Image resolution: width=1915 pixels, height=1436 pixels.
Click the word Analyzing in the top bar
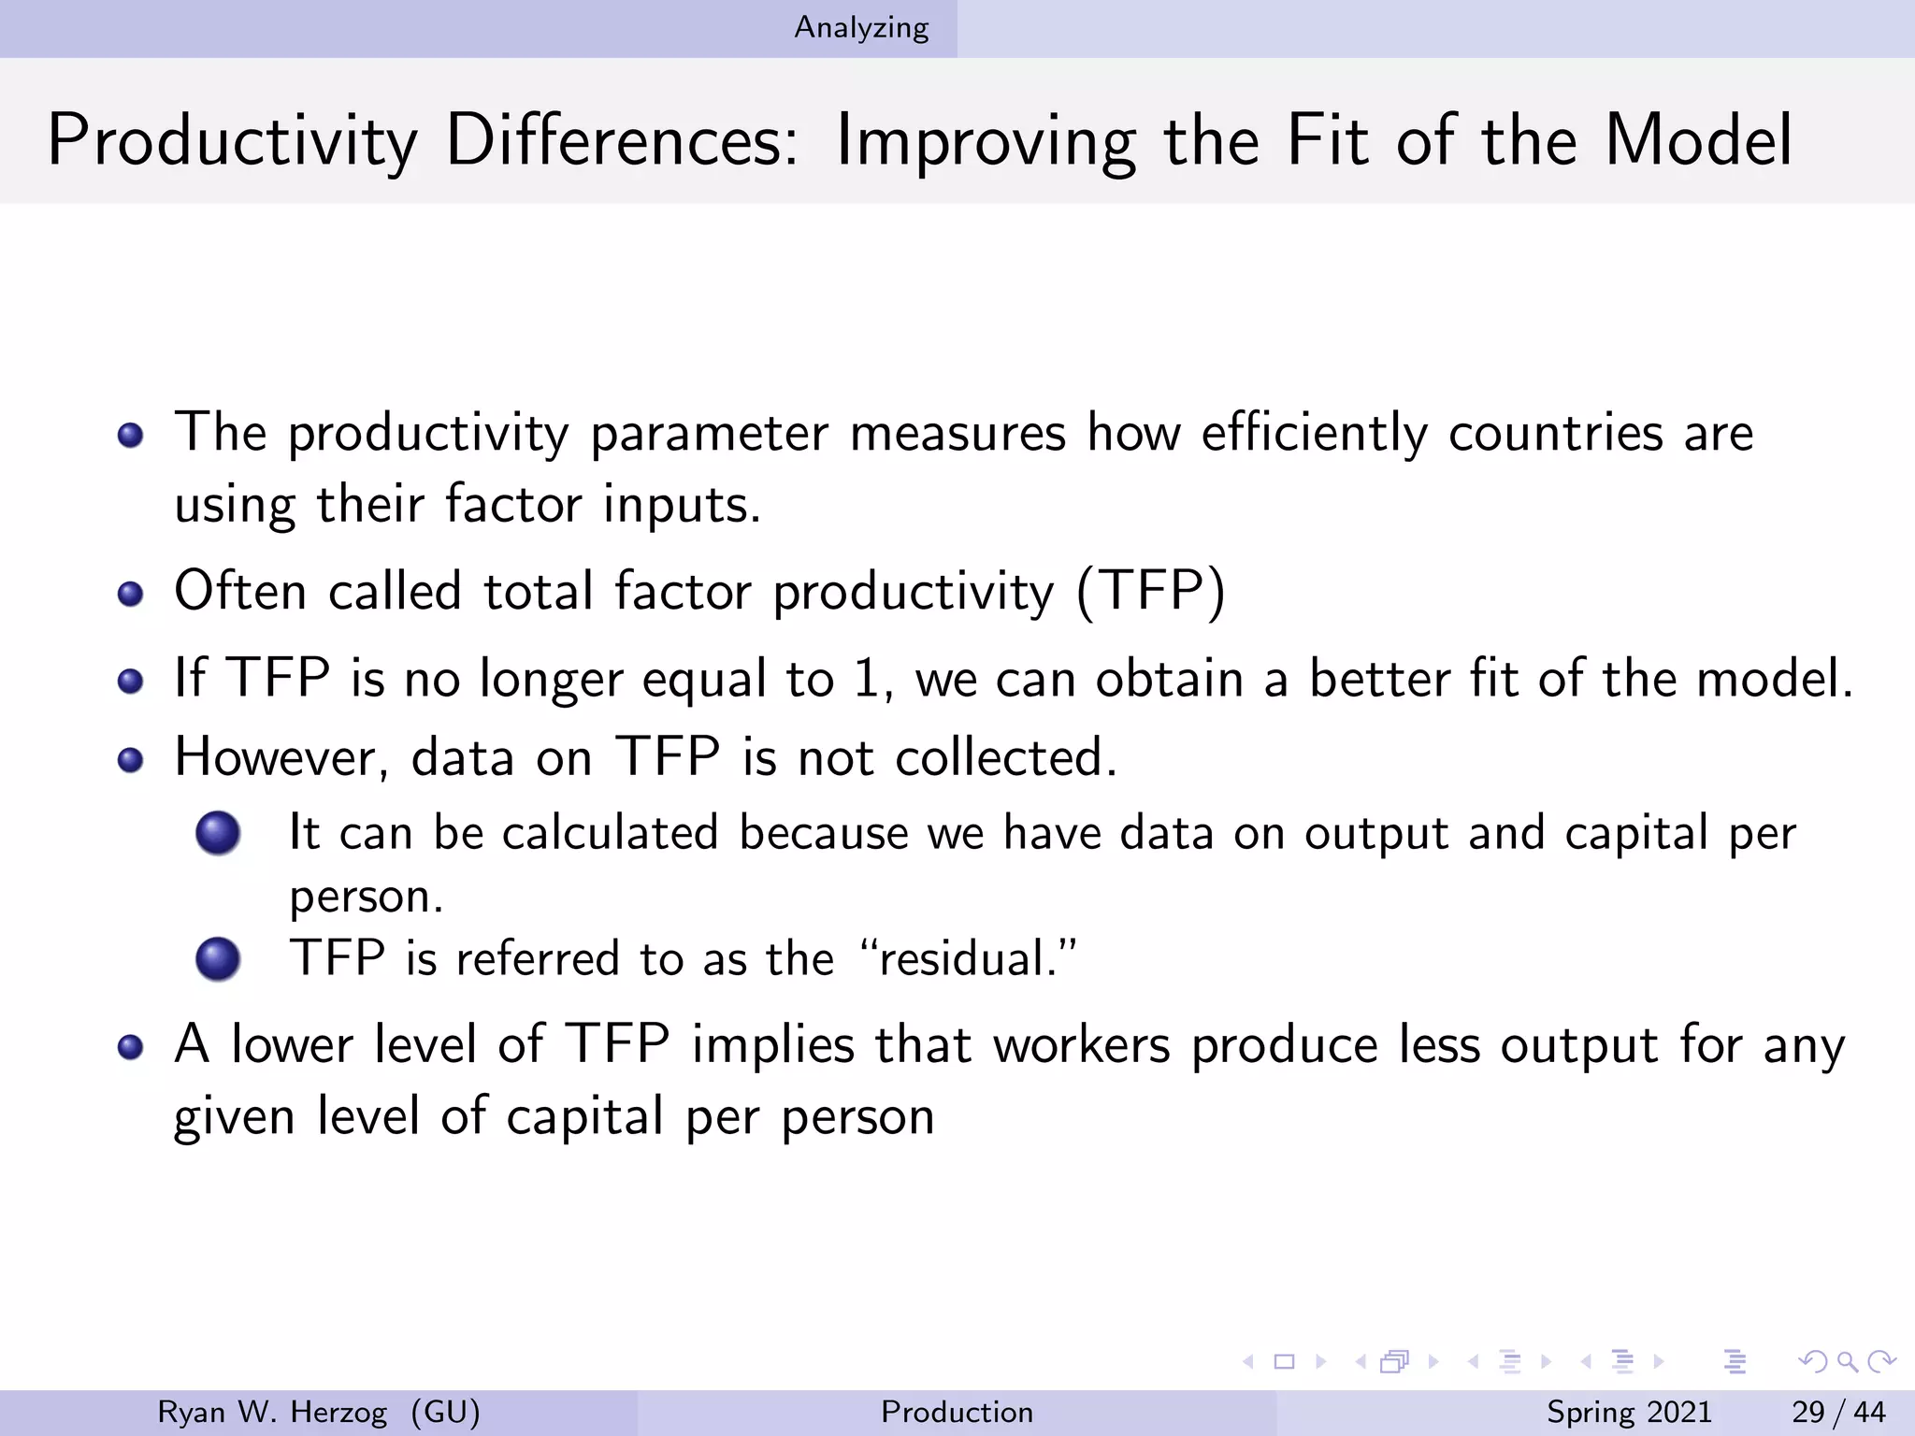[x=861, y=28]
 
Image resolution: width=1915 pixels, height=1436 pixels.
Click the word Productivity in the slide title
[x=232, y=140]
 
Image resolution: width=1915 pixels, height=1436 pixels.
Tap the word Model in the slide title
[x=1698, y=140]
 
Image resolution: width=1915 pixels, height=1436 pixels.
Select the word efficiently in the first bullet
[x=1314, y=433]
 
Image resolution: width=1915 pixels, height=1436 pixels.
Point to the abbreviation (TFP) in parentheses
[x=1150, y=592]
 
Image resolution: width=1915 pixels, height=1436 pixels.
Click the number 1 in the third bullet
[x=868, y=679]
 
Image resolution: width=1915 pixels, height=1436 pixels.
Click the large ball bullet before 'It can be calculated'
[x=218, y=832]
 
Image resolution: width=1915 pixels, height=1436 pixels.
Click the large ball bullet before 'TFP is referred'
[x=218, y=958]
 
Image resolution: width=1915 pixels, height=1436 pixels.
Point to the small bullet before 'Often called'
[x=131, y=594]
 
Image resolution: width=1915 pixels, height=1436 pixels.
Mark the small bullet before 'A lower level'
[x=131, y=1047]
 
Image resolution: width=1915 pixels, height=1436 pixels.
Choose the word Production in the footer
[x=957, y=1412]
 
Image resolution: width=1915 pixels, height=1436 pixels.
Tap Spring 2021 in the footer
[x=1629, y=1412]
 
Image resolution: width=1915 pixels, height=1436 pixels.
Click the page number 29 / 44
[x=1838, y=1412]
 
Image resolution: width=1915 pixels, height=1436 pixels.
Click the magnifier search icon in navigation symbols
[x=1847, y=1362]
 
